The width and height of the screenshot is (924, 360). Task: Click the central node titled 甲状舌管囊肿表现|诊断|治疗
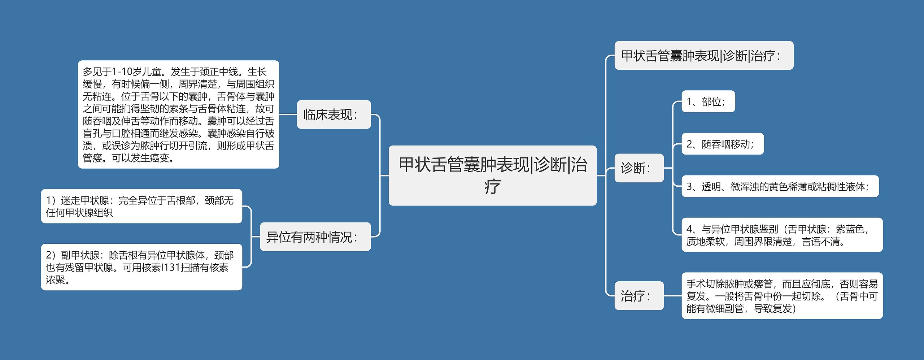492,175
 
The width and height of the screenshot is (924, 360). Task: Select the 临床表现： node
334,114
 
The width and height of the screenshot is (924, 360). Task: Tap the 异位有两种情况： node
315,237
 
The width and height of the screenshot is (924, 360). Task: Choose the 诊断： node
638,168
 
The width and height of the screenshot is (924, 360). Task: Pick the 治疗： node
638,296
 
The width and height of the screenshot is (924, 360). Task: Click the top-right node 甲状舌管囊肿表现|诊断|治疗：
703,56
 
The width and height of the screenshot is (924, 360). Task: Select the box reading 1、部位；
708,101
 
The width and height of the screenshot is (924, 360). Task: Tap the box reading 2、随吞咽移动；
722,144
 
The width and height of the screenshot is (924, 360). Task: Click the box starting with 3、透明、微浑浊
780,186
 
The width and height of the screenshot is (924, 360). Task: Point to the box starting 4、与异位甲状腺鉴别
782,235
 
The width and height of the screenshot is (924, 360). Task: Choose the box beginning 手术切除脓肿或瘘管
782,296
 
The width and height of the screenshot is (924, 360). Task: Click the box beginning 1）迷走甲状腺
141,206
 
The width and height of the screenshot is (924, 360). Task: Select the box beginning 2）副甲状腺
141,267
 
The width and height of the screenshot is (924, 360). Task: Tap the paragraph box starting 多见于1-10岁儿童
178,114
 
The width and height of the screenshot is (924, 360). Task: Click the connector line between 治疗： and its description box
672,296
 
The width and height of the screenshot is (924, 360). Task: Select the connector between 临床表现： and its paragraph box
288,114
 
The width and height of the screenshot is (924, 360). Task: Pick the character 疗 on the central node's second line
492,187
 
